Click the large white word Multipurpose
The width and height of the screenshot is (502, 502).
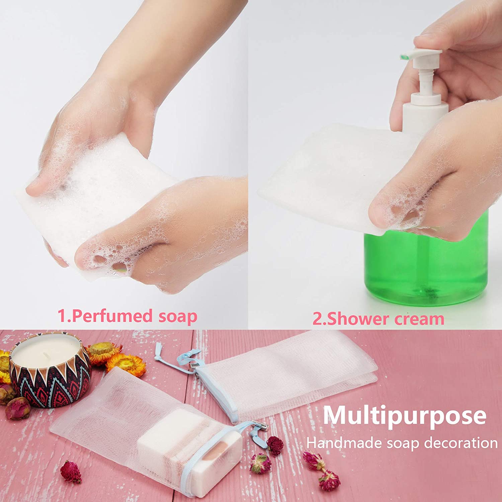pos(405,415)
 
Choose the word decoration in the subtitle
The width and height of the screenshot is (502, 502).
pos(461,443)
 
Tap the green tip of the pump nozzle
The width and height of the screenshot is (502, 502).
pos(403,56)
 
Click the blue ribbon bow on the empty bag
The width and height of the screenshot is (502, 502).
pos(182,357)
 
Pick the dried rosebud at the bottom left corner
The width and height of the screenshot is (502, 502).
pos(71,472)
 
